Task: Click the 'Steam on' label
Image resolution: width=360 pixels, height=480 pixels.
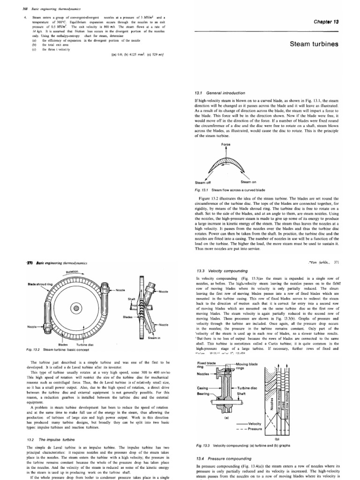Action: [x=248, y=181]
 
